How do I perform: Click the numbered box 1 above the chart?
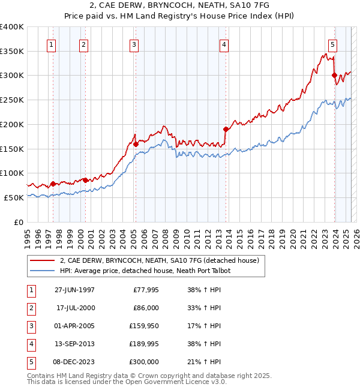click(51, 44)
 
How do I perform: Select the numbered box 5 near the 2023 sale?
click(332, 44)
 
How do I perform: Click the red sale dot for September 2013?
click(226, 129)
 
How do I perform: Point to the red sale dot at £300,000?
click(334, 75)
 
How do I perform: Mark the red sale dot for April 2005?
click(136, 144)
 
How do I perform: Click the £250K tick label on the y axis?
click(12, 100)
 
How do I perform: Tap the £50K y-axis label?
click(14, 197)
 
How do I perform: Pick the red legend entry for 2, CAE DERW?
click(159, 260)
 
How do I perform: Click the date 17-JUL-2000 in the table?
click(76, 308)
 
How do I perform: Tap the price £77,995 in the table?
click(144, 290)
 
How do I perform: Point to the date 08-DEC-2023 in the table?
click(75, 362)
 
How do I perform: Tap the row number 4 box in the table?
click(30, 344)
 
